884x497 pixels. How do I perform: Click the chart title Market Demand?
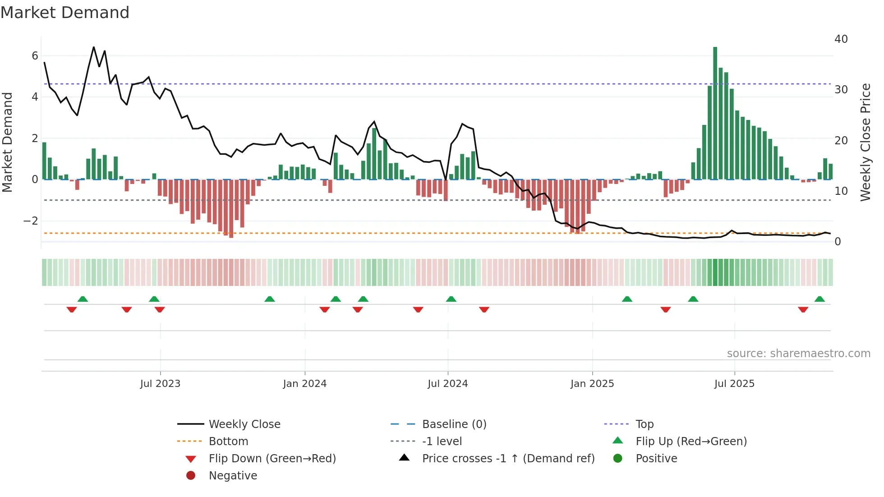coord(65,13)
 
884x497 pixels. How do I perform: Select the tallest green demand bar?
coord(715,113)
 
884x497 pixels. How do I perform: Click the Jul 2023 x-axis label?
coord(160,384)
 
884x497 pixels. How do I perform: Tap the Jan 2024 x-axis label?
coord(304,384)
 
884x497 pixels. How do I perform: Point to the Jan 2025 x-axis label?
coord(592,384)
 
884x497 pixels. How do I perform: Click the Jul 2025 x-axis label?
coord(734,384)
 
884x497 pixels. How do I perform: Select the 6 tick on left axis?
coord(35,56)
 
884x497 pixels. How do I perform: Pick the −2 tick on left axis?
coord(31,221)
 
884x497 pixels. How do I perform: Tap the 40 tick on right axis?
coord(841,39)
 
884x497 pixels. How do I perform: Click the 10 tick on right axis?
coord(841,191)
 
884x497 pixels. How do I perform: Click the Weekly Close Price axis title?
coord(865,142)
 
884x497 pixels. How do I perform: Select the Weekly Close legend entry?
coord(244,424)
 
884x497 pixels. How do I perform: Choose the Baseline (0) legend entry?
coord(454,424)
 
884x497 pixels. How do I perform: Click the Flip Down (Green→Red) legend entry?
coord(272,459)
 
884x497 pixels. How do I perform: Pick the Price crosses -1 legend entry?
coord(508,459)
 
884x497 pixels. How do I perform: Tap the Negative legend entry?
coord(233,476)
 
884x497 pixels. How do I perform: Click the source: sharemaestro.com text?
coord(798,354)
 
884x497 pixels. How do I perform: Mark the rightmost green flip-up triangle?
coord(820,299)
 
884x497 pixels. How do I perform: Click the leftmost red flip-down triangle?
coord(72,309)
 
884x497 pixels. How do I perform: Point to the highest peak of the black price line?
coord(94,47)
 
